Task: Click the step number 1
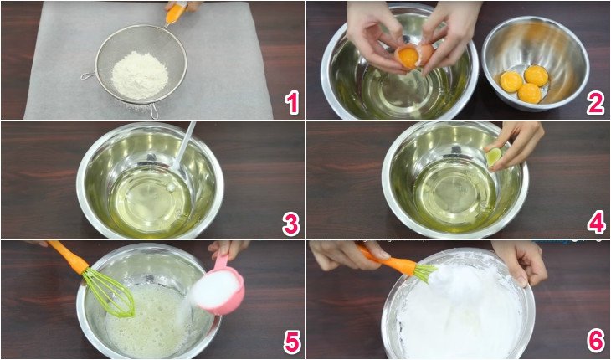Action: [x=291, y=103]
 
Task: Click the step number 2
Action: [x=595, y=103]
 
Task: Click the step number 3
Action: [x=291, y=224]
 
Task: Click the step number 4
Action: [x=595, y=224]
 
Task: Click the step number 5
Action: [x=291, y=342]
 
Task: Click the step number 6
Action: [x=595, y=342]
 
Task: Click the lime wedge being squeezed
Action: [x=494, y=156]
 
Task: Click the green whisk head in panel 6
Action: [x=423, y=271]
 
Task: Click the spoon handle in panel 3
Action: [x=186, y=144]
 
